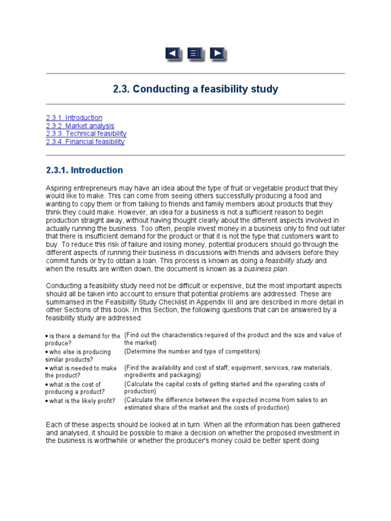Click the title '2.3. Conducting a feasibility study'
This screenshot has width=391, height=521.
pyautogui.click(x=195, y=89)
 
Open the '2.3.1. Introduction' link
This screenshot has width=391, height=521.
pyautogui.click(x=74, y=118)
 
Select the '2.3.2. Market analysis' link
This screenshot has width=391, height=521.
pyautogui.click(x=80, y=126)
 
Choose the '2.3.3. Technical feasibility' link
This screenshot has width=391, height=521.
pyautogui.click(x=86, y=134)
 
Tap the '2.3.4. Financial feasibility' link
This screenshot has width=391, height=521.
pyautogui.click(x=85, y=142)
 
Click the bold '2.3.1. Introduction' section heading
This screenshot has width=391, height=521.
pyautogui.click(x=85, y=170)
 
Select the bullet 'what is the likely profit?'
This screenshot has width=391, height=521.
pyautogui.click(x=81, y=401)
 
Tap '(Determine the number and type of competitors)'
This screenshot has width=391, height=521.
pyautogui.click(x=192, y=352)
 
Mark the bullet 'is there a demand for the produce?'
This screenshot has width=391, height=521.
pyautogui.click(x=82, y=339)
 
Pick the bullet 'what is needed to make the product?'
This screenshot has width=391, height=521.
pyautogui.click(x=81, y=372)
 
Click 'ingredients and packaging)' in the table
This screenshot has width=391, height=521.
pyautogui.click(x=162, y=375)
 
